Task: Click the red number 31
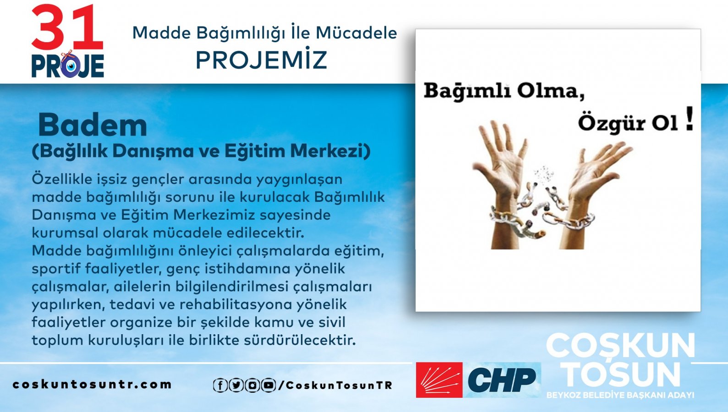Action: [67, 28]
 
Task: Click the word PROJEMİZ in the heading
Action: [262, 60]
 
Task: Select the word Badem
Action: [93, 125]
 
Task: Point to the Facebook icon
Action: [220, 385]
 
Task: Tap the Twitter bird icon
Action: [236, 385]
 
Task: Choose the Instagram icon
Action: [252, 385]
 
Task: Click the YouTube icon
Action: [268, 385]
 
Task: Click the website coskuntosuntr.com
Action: [92, 385]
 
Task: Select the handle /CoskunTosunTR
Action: [335, 385]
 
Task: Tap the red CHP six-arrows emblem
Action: [439, 380]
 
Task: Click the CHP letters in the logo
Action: [502, 379]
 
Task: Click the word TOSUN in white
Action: [621, 374]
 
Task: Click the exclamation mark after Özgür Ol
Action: [689, 119]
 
